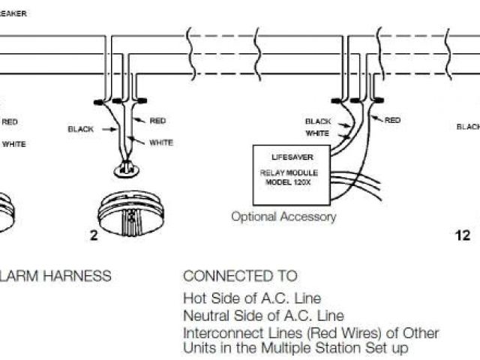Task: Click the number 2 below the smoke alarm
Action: tap(94, 235)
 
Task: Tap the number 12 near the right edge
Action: tap(463, 235)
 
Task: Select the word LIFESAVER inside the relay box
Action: tap(292, 157)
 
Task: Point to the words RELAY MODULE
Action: tap(292, 173)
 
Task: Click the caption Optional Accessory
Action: tap(283, 217)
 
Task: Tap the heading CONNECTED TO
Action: tap(240, 276)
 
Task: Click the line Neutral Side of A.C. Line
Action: tap(253, 316)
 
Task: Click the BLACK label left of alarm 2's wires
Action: tap(81, 129)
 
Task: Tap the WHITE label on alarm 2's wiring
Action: tap(161, 142)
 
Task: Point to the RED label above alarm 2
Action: tap(157, 121)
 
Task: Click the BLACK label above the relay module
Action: tap(318, 121)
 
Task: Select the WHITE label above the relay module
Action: tap(317, 133)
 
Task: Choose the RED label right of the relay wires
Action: tap(392, 120)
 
